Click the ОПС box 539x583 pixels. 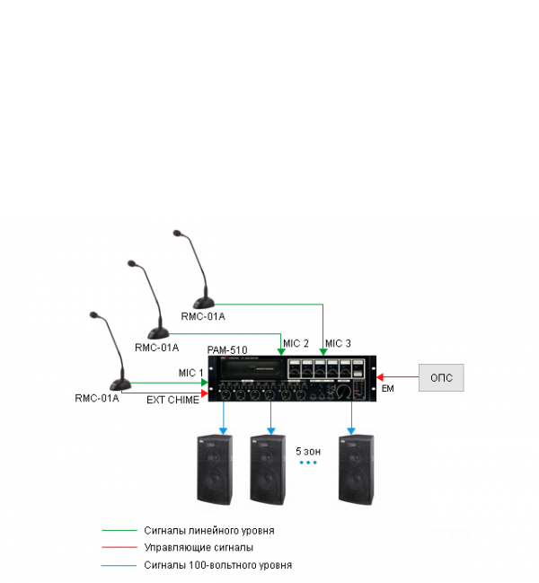441,377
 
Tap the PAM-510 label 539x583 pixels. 227,349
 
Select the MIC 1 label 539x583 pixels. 191,372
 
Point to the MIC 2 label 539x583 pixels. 296,343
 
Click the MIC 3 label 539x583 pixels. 339,343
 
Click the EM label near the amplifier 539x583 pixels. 388,388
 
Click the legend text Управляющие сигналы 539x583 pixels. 198,547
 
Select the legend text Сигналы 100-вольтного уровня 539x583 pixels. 217,565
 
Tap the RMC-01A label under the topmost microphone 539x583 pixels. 203,316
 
